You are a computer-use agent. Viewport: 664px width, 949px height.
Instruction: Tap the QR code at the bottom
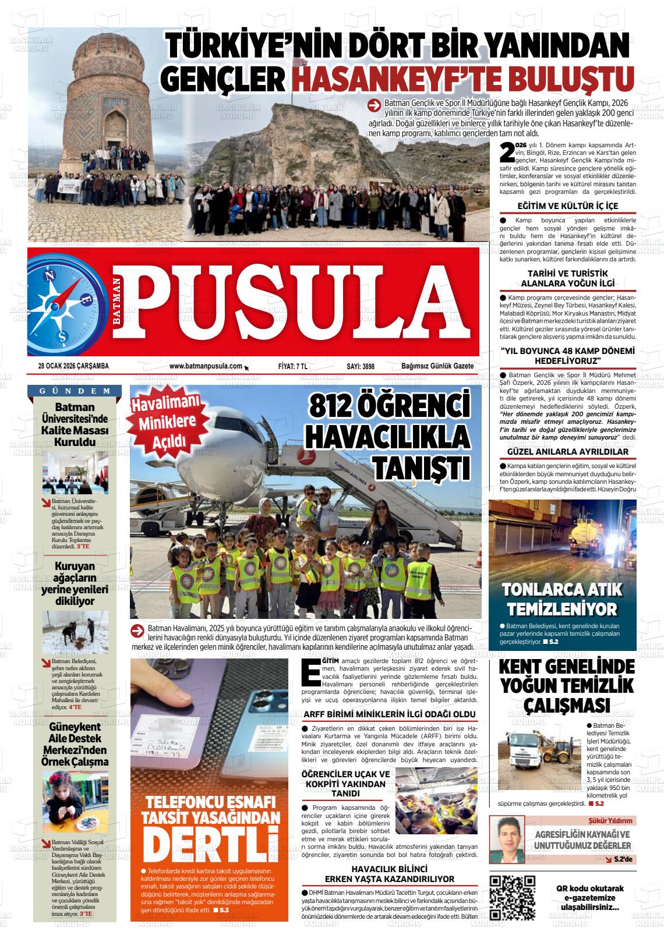tap(513, 898)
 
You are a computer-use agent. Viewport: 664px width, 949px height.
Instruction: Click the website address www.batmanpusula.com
tap(205, 366)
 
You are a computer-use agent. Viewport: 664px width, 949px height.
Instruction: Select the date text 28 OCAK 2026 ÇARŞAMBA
tap(73, 366)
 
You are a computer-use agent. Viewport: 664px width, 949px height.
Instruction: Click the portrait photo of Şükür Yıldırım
tap(507, 838)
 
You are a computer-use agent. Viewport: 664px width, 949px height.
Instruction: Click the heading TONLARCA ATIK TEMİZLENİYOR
tap(562, 600)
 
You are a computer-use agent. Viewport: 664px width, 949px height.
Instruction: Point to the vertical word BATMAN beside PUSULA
tap(118, 304)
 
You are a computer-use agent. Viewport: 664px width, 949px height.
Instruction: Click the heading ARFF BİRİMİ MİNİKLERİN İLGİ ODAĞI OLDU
tap(389, 714)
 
